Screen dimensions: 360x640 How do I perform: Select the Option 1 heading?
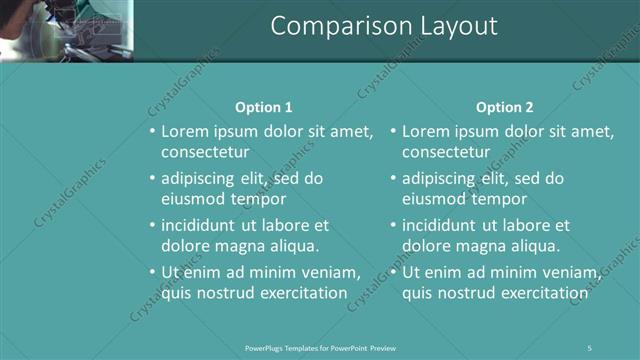tap(264, 107)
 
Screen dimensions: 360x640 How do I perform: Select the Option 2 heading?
tap(505, 107)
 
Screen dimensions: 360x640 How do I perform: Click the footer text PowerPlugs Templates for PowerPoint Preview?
tap(321, 347)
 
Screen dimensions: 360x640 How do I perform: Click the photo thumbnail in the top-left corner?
tap(66, 30)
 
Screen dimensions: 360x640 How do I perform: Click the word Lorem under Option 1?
tap(185, 131)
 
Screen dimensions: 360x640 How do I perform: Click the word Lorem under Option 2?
tap(426, 131)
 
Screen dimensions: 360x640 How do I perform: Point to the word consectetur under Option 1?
tap(205, 152)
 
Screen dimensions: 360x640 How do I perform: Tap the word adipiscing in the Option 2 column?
tap(440, 179)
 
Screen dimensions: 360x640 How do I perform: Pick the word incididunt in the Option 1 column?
tap(200, 225)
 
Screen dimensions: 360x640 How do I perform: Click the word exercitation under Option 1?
tap(299, 293)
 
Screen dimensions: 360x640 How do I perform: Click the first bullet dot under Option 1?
tap(152, 131)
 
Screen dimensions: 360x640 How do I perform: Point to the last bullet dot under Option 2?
tap(393, 272)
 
